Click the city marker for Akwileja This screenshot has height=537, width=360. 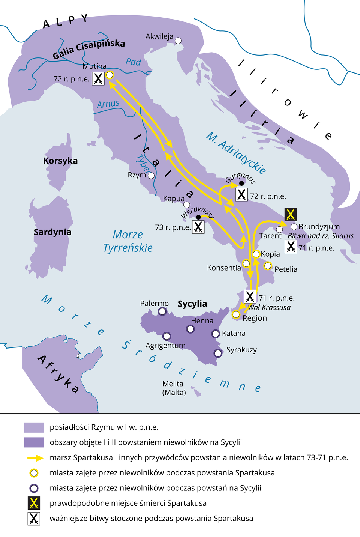[178, 40]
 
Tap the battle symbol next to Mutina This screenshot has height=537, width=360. [98, 78]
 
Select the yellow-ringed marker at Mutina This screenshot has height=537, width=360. [109, 75]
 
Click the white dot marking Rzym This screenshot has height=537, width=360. [151, 175]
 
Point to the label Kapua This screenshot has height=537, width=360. [174, 199]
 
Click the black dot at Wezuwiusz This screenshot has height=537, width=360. [198, 217]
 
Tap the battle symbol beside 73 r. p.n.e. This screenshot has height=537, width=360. [198, 227]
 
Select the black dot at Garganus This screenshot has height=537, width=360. [241, 183]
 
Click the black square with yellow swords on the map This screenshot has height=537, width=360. [291, 214]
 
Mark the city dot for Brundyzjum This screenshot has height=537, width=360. [294, 227]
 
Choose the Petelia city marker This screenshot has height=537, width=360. [268, 266]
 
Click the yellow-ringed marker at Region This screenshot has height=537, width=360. [236, 314]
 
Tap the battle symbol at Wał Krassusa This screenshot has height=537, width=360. [250, 296]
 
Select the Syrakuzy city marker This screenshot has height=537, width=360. [217, 353]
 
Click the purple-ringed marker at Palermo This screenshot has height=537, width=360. [162, 311]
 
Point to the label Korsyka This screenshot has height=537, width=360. [60, 161]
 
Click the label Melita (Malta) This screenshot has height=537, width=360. [174, 388]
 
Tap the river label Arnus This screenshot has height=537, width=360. [108, 104]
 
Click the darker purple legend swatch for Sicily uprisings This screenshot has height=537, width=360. [34, 442]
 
